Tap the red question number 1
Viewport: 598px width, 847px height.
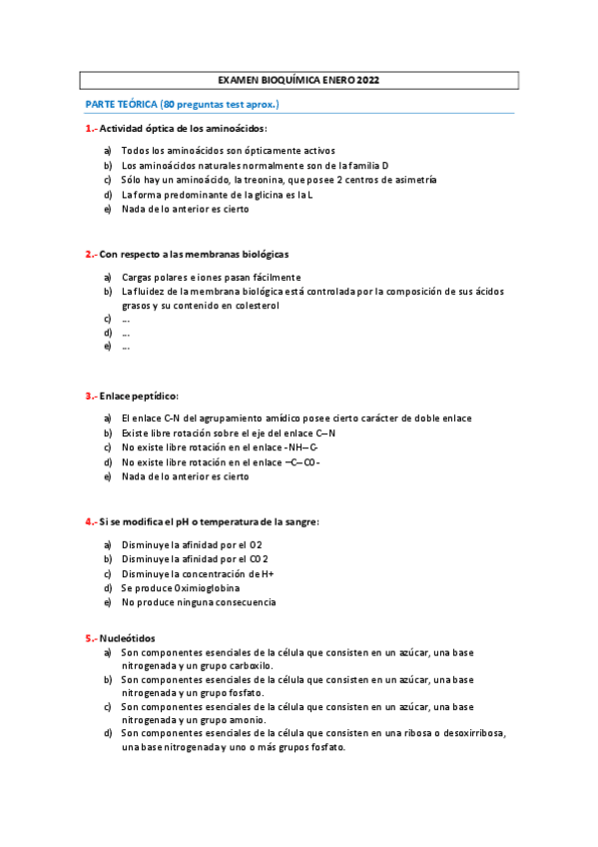pos(89,129)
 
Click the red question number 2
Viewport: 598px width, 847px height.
pos(89,254)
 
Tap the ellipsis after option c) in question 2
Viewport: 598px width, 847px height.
pos(126,320)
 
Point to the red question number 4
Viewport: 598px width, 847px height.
pos(89,521)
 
